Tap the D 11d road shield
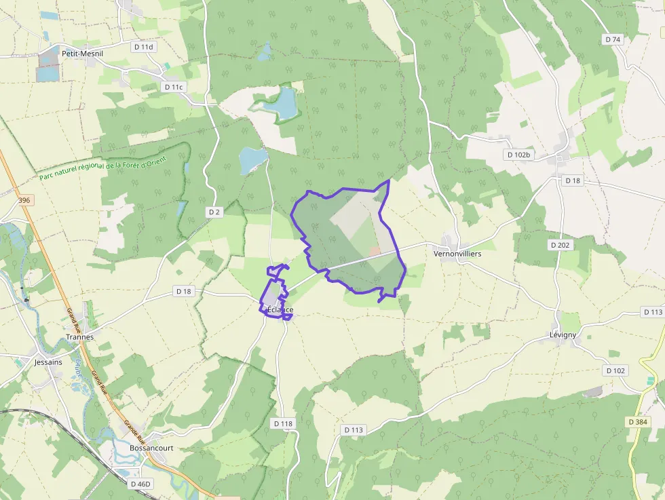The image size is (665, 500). click(144, 47)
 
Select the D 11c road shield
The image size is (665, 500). click(174, 87)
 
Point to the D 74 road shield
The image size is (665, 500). click(612, 39)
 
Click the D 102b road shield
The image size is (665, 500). click(519, 155)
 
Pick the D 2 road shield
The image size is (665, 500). click(214, 212)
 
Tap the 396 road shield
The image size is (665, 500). click(25, 200)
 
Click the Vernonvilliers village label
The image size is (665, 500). click(457, 253)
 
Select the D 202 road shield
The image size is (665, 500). click(560, 245)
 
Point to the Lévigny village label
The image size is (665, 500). click(563, 335)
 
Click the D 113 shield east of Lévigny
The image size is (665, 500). click(652, 312)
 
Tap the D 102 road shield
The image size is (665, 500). click(615, 370)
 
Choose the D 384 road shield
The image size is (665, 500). click(638, 422)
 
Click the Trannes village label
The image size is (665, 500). click(79, 336)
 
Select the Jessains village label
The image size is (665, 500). click(47, 362)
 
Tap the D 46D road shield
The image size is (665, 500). click(140, 484)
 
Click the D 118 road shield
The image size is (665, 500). click(283, 423)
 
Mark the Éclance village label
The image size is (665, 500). click(280, 309)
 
